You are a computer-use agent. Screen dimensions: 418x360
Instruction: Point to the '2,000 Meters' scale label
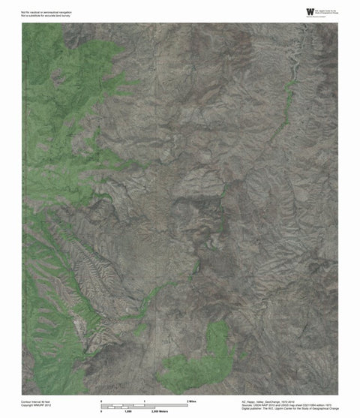pos(160,411)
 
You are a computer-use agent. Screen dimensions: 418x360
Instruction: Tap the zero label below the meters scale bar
pos(101,411)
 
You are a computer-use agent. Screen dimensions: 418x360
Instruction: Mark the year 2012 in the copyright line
pos(49,406)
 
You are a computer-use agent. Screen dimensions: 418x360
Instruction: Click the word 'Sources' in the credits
pos(247,405)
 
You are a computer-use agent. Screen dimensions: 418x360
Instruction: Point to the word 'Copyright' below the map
pos(28,406)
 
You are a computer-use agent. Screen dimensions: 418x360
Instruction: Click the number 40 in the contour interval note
pos(45,401)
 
